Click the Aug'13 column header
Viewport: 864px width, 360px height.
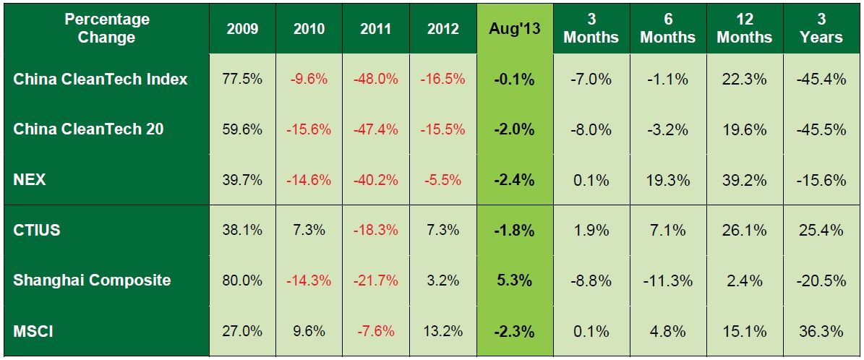pyautogui.click(x=514, y=29)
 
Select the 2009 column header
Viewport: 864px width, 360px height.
pyautogui.click(x=242, y=29)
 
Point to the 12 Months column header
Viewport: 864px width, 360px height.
pyautogui.click(x=745, y=28)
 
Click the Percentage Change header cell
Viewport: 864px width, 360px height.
pyautogui.click(x=106, y=28)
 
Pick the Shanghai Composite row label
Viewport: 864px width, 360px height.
pyautogui.click(x=92, y=280)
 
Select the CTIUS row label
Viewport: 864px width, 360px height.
pyautogui.click(x=37, y=230)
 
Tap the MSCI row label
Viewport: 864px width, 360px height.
pyautogui.click(x=33, y=331)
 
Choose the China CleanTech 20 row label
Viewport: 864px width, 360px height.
pyautogui.click(x=88, y=129)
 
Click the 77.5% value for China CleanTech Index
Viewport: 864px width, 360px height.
pyautogui.click(x=242, y=79)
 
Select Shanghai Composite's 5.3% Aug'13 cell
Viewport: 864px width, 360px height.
pyautogui.click(x=514, y=280)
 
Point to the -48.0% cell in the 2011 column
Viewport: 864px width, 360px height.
pyautogui.click(x=376, y=79)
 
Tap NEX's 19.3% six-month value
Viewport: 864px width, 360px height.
pyautogui.click(x=667, y=179)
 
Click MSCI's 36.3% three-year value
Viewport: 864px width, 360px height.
pyautogui.click(x=822, y=331)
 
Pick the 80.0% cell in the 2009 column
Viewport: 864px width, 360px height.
pyautogui.click(x=242, y=280)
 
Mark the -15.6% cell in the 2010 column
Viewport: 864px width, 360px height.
pyautogui.click(x=309, y=129)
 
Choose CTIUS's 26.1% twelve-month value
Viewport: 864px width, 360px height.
pyautogui.click(x=745, y=230)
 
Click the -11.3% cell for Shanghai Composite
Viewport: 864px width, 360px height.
pyautogui.click(x=667, y=280)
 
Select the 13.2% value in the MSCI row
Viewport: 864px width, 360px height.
pyautogui.click(x=442, y=331)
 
